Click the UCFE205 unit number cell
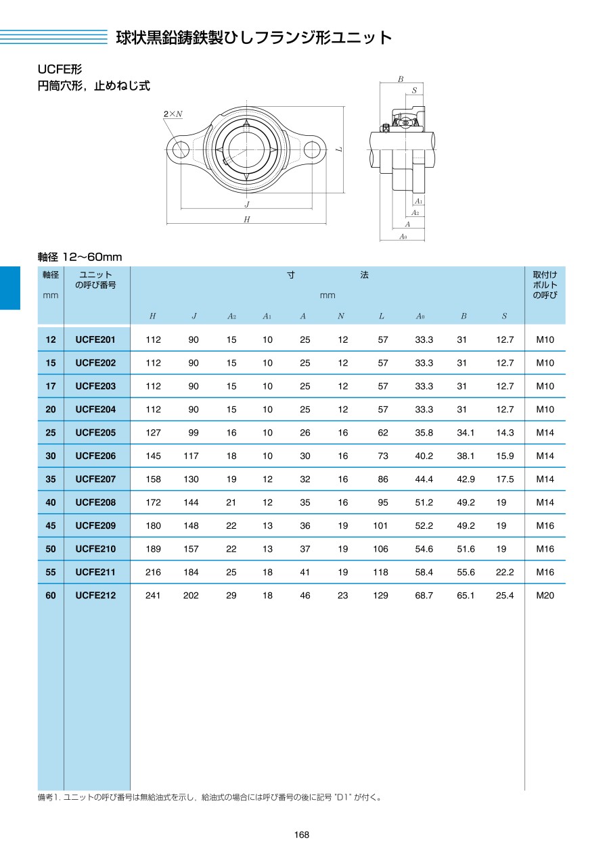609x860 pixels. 95,433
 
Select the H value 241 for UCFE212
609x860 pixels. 153,596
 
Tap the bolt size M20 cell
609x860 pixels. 545,596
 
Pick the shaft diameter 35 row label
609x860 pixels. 51,479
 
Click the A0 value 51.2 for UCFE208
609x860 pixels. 424,502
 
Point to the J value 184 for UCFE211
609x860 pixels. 191,573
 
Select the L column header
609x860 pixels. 382,316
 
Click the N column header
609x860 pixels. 341,316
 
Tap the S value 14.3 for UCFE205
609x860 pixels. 505,433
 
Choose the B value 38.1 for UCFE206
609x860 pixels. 466,456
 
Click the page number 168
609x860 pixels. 302,835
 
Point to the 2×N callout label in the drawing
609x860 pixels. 173,114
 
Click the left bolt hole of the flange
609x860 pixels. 180,149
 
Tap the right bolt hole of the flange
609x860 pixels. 312,149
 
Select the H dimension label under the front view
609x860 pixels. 247,219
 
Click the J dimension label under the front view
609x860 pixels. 247,204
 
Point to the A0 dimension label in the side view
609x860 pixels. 403,236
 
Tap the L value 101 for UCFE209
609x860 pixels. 380,526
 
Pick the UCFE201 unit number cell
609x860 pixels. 95,340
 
